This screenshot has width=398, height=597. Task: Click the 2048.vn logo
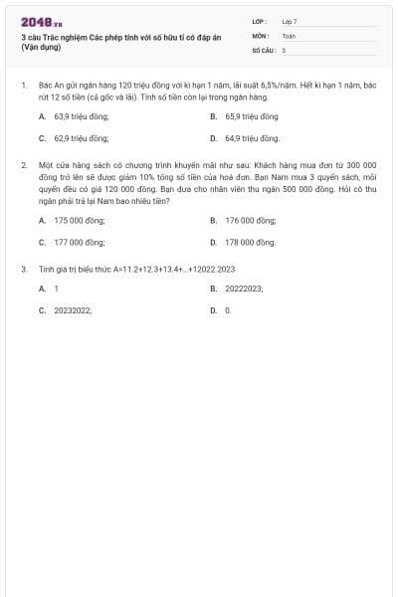[42, 22]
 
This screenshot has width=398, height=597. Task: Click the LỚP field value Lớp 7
[290, 21]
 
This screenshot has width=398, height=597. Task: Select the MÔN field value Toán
[289, 35]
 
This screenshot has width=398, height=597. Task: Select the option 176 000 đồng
[250, 220]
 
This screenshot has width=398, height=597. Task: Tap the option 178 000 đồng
[250, 242]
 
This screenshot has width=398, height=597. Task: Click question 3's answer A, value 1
[56, 289]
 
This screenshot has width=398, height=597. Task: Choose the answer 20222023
[244, 289]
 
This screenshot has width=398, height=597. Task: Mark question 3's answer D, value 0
[228, 310]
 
